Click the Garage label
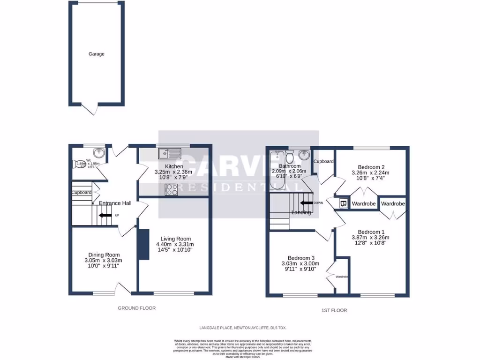97,54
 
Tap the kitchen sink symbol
170,153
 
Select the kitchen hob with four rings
171,190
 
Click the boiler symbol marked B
343,204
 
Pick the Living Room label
175,238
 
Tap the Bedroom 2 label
371,167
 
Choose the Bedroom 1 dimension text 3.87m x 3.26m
371,238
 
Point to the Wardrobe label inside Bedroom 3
342,277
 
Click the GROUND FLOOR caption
136,308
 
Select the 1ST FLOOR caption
335,310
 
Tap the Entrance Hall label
115,203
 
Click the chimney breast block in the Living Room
143,244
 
